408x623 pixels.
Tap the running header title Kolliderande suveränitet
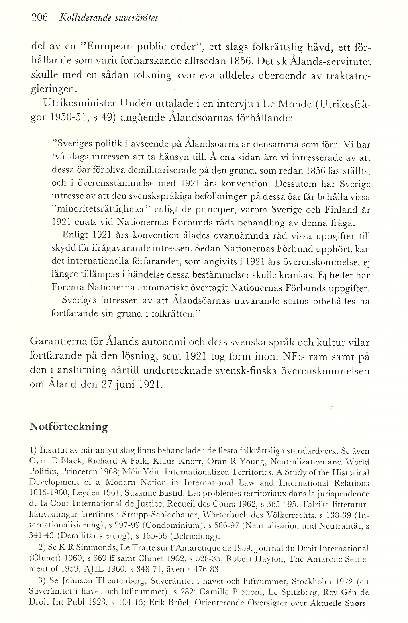coord(108,18)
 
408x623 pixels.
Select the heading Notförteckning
coord(69,427)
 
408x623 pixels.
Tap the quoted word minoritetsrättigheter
coord(109,210)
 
